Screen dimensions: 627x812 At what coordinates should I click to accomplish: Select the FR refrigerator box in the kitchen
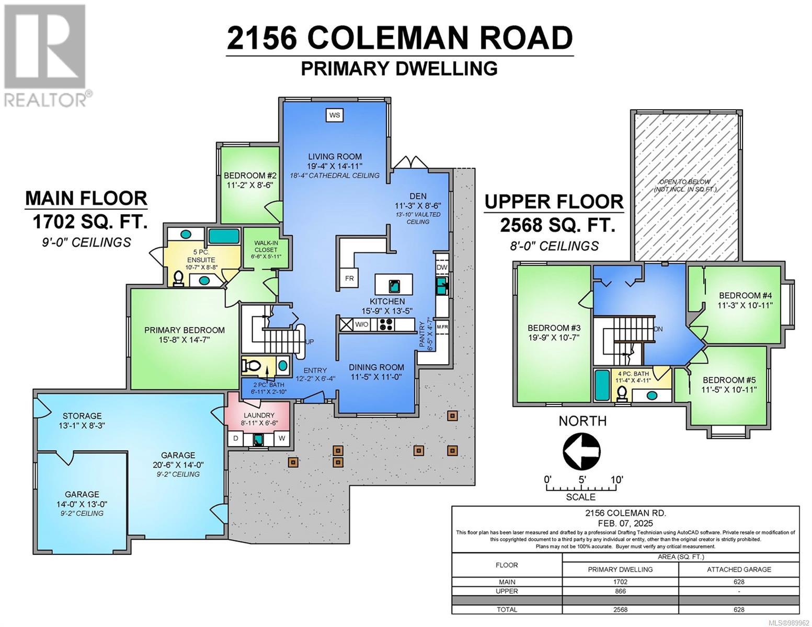[349, 278]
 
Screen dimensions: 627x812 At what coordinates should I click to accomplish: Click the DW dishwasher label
[442, 267]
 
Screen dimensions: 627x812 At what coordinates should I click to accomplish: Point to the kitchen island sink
[394, 285]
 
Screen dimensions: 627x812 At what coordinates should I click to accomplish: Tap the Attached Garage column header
[739, 569]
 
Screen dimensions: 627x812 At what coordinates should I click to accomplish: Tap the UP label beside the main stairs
[310, 342]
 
